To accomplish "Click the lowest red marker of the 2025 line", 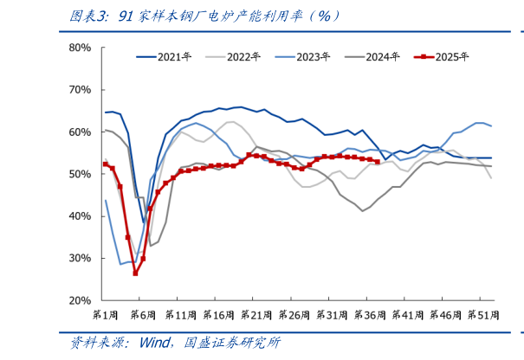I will tap(135, 273).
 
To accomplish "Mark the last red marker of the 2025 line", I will tap(377, 162).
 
